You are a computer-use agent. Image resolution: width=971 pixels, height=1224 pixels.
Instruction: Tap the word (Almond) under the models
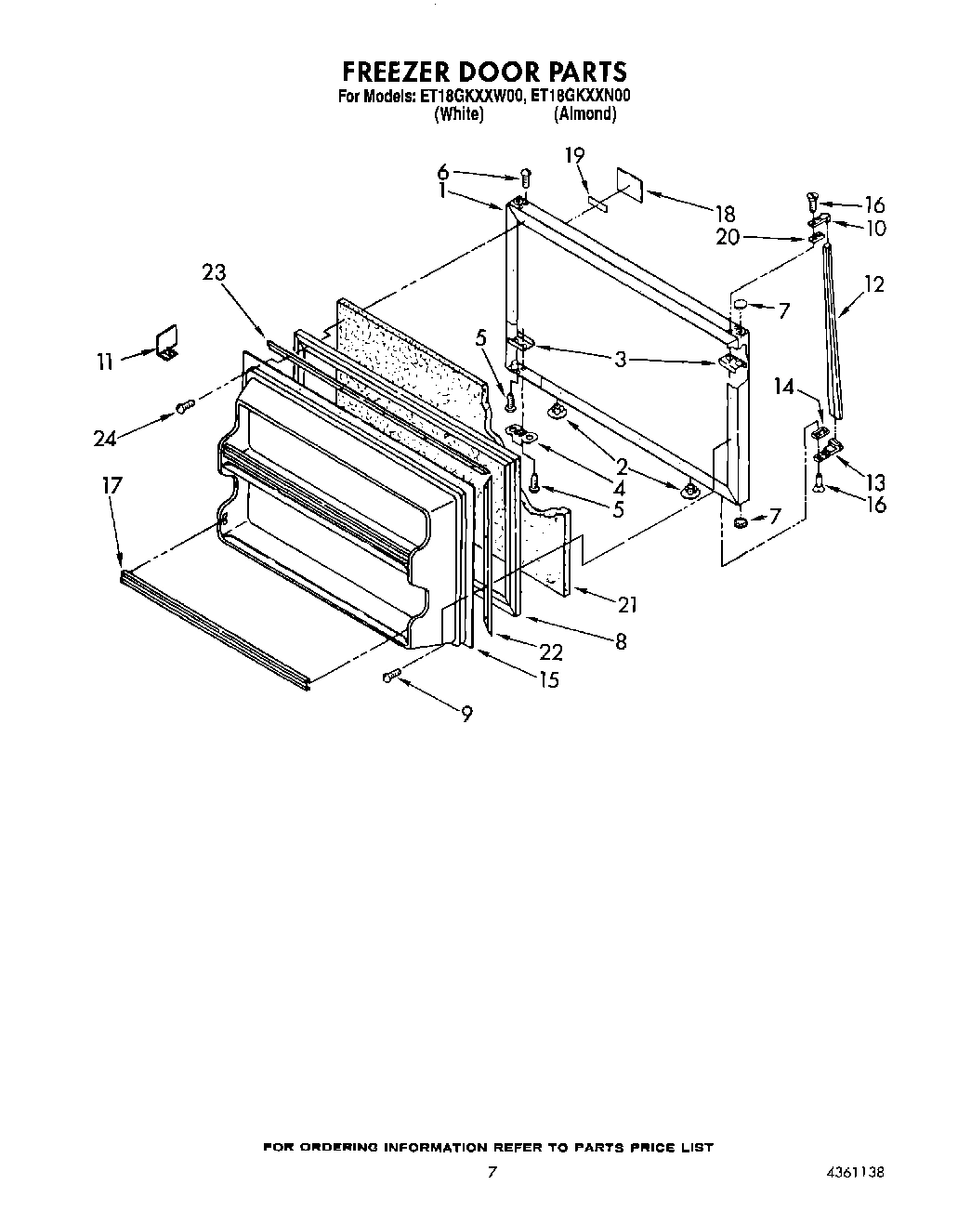(584, 113)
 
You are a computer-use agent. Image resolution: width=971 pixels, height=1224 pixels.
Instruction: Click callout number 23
(215, 272)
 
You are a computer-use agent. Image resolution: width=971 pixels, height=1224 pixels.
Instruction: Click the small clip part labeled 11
(165, 341)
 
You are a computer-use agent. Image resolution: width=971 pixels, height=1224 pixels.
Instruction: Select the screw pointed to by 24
(185, 405)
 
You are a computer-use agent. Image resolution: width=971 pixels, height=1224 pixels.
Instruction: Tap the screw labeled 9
(390, 678)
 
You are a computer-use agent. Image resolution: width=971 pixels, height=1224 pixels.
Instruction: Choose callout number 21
(627, 604)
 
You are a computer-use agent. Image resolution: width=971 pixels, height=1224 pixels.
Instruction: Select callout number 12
(873, 284)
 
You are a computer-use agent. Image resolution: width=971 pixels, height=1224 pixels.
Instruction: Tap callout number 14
(784, 386)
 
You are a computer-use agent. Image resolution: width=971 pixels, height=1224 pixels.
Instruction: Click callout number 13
(874, 481)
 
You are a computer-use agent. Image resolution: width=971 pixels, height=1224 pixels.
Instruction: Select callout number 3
(621, 360)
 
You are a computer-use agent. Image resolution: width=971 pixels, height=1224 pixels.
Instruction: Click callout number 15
(549, 679)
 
